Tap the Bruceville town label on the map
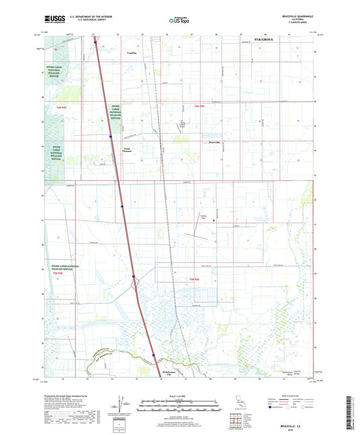215,143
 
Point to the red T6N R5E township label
199,107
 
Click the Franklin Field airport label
202,217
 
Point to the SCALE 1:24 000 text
180,395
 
